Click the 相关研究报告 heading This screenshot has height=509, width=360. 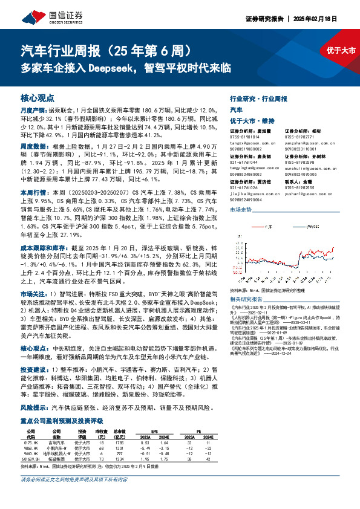click(244, 298)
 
